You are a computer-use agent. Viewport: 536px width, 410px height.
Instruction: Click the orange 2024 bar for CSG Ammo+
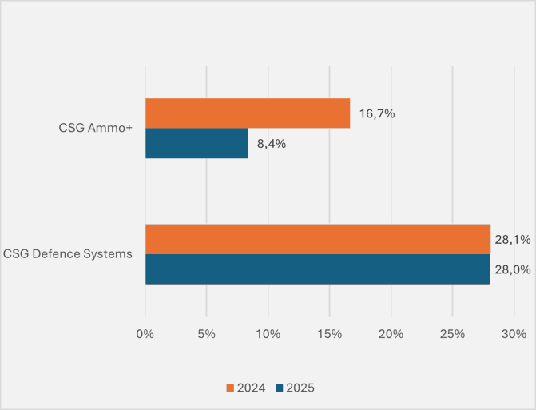click(248, 113)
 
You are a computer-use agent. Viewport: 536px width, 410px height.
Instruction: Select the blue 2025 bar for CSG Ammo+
click(197, 144)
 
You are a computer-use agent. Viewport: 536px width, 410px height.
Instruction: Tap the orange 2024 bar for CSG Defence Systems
click(317, 239)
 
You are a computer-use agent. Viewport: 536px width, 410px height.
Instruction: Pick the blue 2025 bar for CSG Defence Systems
click(317, 269)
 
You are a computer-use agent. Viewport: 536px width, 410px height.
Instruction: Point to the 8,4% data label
click(272, 145)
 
